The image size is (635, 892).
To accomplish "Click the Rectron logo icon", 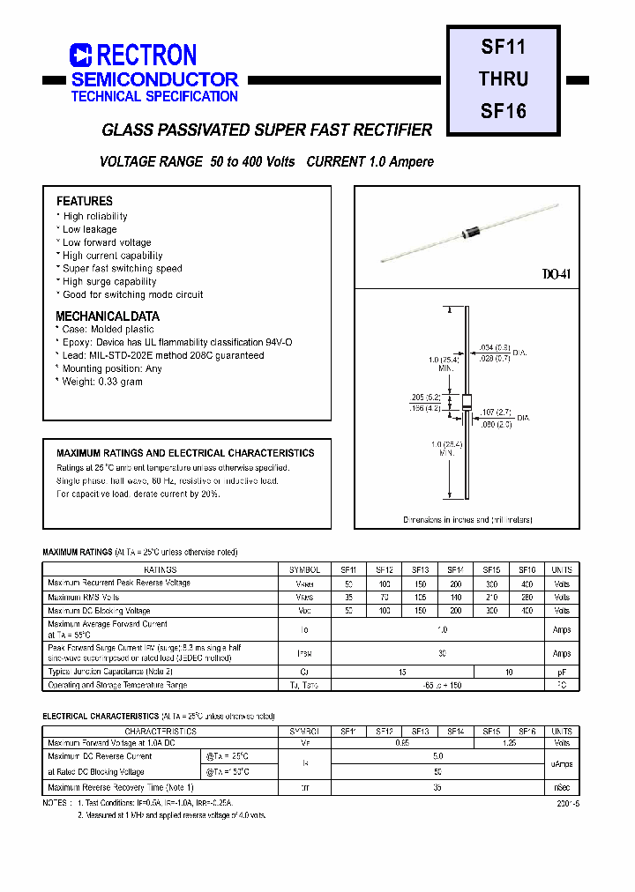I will [80, 56].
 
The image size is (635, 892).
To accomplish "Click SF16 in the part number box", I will [504, 111].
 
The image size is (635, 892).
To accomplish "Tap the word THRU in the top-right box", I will [504, 79].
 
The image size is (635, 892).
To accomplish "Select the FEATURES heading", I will [85, 201].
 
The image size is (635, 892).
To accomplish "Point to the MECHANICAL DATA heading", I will [108, 316].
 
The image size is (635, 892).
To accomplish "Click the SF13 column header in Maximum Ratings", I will [420, 570].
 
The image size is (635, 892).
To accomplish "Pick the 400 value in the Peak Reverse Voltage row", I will [527, 584].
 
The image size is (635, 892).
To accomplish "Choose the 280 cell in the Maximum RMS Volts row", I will [527, 597].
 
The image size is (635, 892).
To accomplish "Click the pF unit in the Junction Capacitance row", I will [562, 672].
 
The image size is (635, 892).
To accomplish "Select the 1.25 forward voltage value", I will [509, 744].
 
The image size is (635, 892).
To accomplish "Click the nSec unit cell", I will [562, 787].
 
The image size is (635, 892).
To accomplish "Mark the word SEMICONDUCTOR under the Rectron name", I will [154, 79].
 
